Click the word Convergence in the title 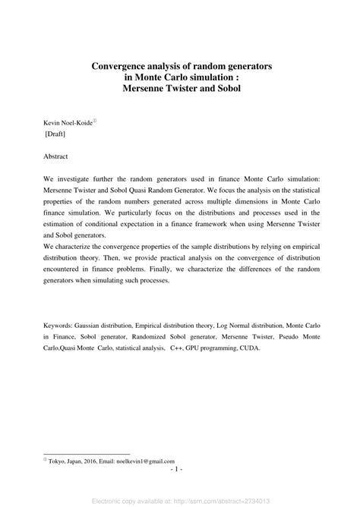125,67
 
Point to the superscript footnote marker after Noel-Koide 95,119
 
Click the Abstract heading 56,156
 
